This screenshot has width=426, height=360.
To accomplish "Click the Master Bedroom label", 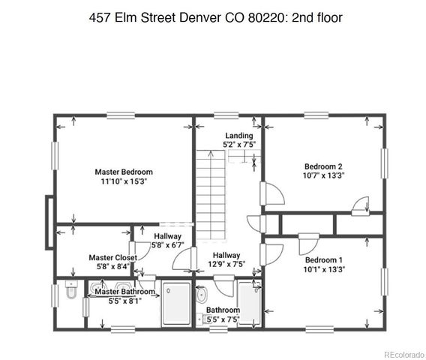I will point(124,171).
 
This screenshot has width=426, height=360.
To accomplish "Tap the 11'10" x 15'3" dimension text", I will point(124,181).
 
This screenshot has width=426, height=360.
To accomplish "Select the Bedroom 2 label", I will point(323,166).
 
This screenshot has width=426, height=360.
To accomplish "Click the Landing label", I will point(238,135).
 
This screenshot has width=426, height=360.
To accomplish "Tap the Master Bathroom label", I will point(124,292).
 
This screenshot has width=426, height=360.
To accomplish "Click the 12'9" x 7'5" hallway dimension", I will point(226,265).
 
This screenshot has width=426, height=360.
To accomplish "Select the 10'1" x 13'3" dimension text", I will point(323,268).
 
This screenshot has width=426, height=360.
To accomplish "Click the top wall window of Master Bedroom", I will point(120,115).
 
